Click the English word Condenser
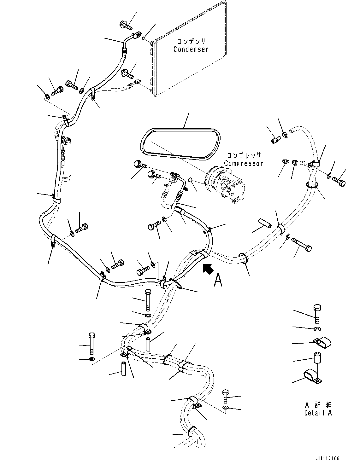191,49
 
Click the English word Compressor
243,164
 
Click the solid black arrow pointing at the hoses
208,269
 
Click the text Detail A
318,413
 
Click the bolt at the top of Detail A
317,313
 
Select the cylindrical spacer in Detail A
317,358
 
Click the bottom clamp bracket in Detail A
313,377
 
